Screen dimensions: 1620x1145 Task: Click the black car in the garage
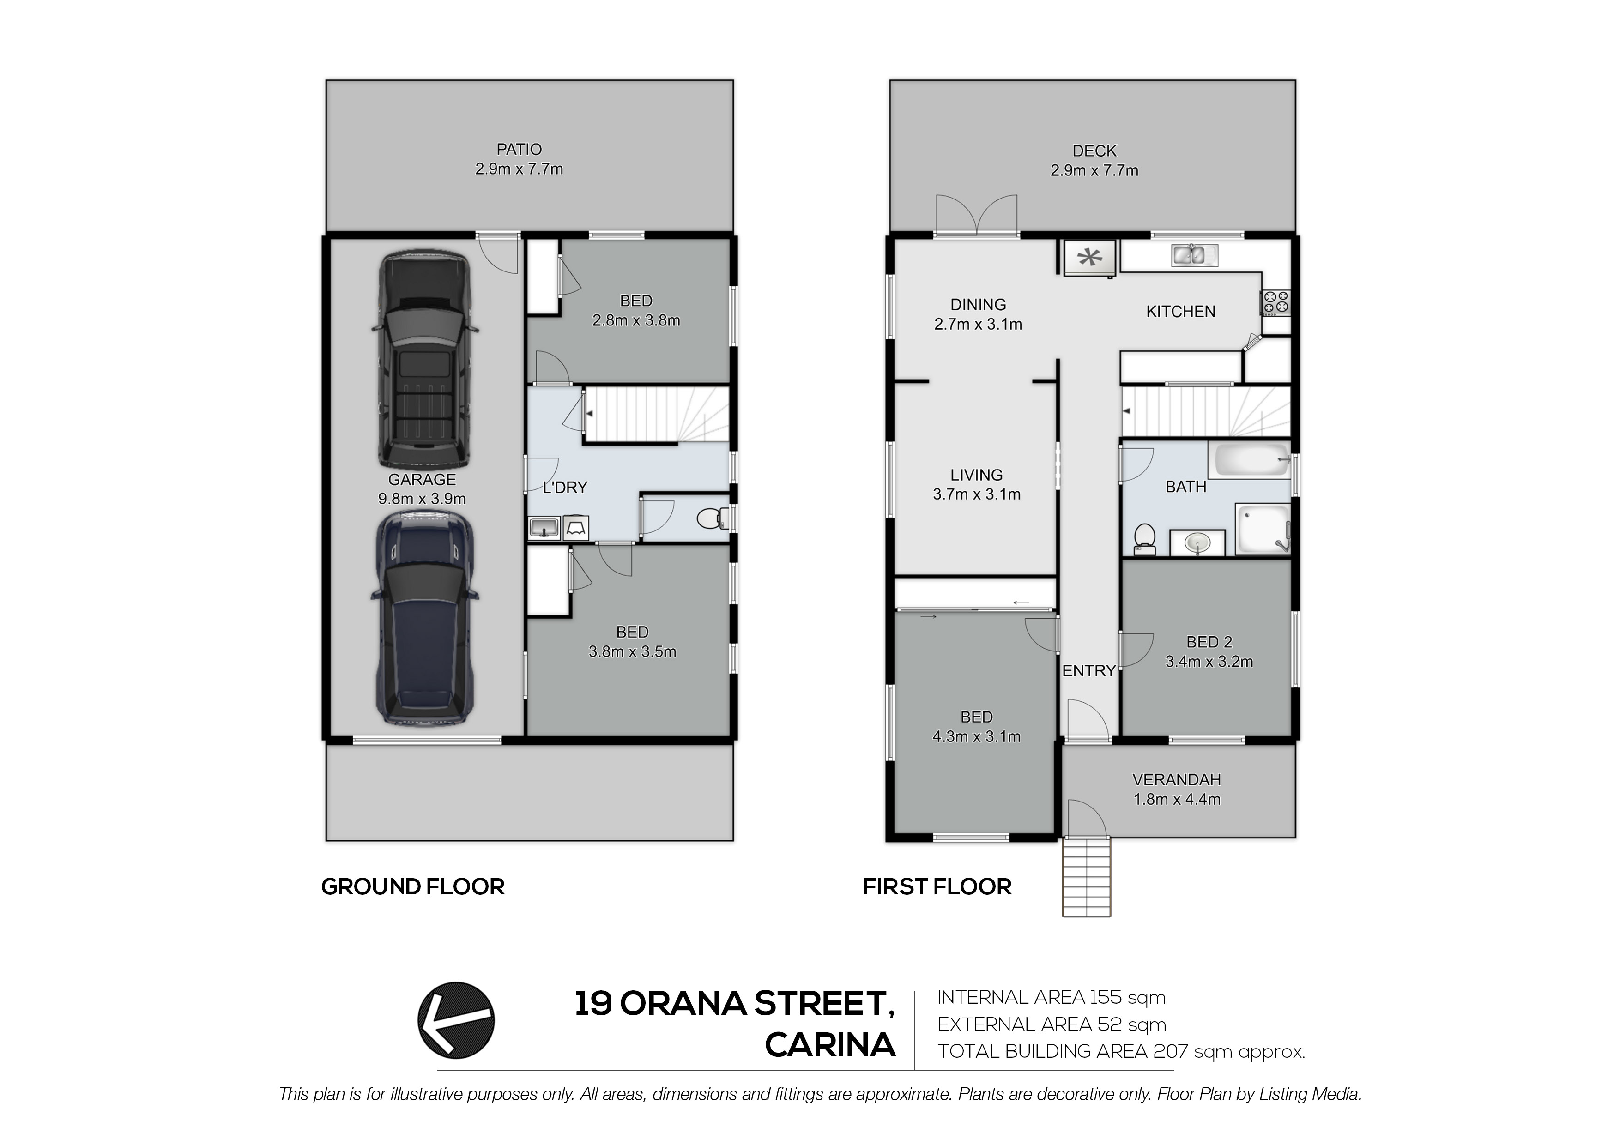[424, 361]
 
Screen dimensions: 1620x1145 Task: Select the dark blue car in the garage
[424, 619]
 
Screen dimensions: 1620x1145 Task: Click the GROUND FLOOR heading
[413, 887]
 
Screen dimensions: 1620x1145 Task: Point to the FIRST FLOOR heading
[937, 887]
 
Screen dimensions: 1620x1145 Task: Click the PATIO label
[520, 150]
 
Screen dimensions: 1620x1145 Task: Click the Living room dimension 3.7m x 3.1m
[977, 494]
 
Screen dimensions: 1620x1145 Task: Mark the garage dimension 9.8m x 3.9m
[422, 499]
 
